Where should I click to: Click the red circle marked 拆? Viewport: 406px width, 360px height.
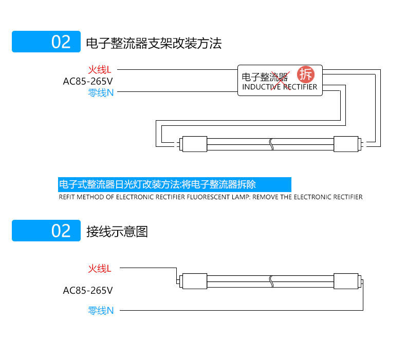tap(305, 74)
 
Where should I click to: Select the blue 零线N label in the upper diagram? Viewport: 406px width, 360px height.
tap(100, 93)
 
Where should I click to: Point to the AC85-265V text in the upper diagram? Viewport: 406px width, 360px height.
tap(87, 81)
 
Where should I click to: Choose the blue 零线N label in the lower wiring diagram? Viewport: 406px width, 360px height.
tap(100, 310)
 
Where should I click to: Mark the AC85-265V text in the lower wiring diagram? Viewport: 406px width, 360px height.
tap(87, 290)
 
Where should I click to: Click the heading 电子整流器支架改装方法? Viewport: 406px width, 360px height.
tap(154, 43)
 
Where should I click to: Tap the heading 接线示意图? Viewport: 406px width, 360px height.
tap(117, 231)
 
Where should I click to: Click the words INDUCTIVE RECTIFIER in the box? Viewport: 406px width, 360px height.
tap(280, 87)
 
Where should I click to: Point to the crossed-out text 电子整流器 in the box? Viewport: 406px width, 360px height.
tap(265, 77)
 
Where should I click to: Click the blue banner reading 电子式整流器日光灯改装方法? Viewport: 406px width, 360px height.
tap(175, 184)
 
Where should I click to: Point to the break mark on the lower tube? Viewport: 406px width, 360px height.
tap(270, 280)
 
